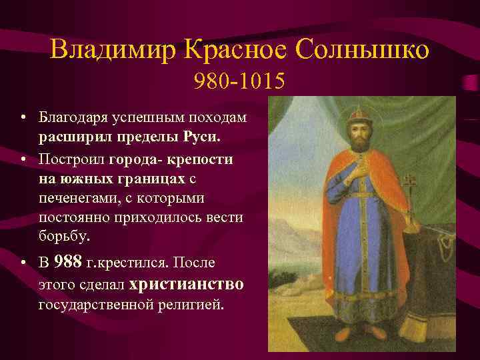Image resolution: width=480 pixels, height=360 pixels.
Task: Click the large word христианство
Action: [187, 284]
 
